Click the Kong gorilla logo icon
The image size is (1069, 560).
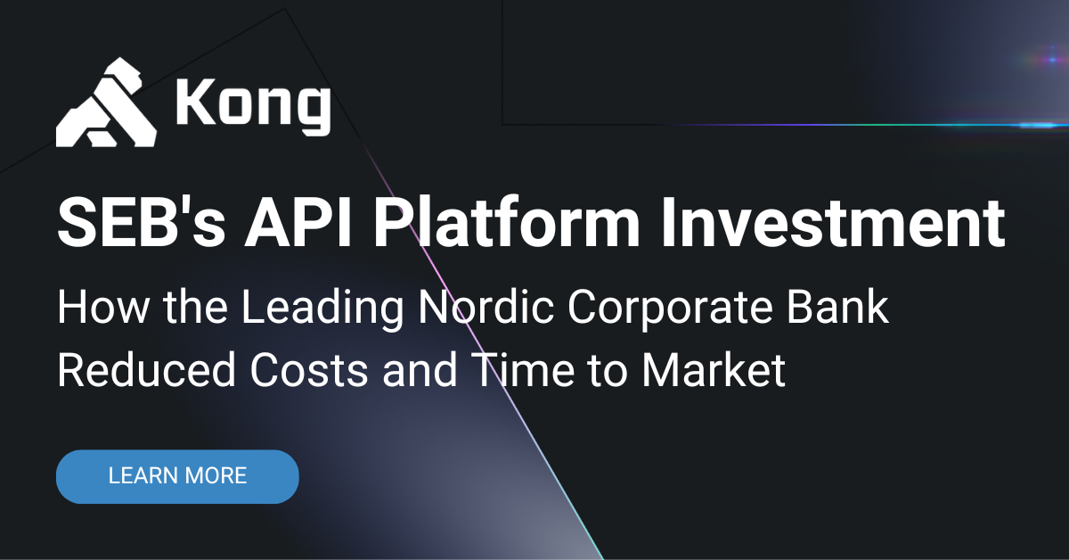(x=106, y=103)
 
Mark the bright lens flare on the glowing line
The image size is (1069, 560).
(x=1038, y=125)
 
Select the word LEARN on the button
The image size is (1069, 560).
(x=140, y=476)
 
